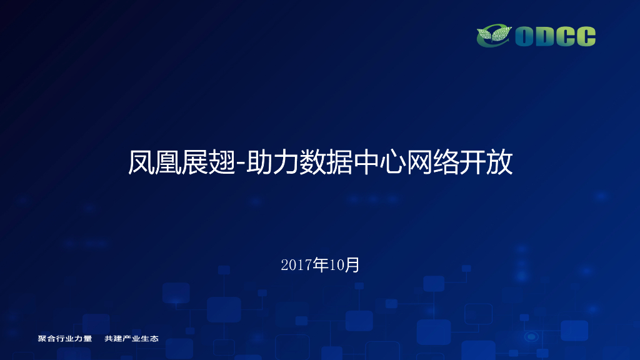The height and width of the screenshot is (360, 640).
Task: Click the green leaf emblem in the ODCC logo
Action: tap(494, 36)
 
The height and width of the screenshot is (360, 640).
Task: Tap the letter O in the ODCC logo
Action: tap(524, 36)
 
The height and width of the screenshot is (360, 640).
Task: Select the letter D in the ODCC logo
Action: tap(546, 36)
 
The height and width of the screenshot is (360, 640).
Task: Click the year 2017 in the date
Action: tap(296, 265)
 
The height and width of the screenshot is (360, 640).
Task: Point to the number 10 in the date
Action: tap(337, 265)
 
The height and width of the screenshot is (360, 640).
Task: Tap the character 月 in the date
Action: tap(353, 265)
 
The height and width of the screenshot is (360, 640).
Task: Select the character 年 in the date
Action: tap(321, 265)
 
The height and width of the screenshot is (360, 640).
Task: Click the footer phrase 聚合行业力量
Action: tap(65, 339)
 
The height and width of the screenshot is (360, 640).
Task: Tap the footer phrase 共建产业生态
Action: tap(132, 339)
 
